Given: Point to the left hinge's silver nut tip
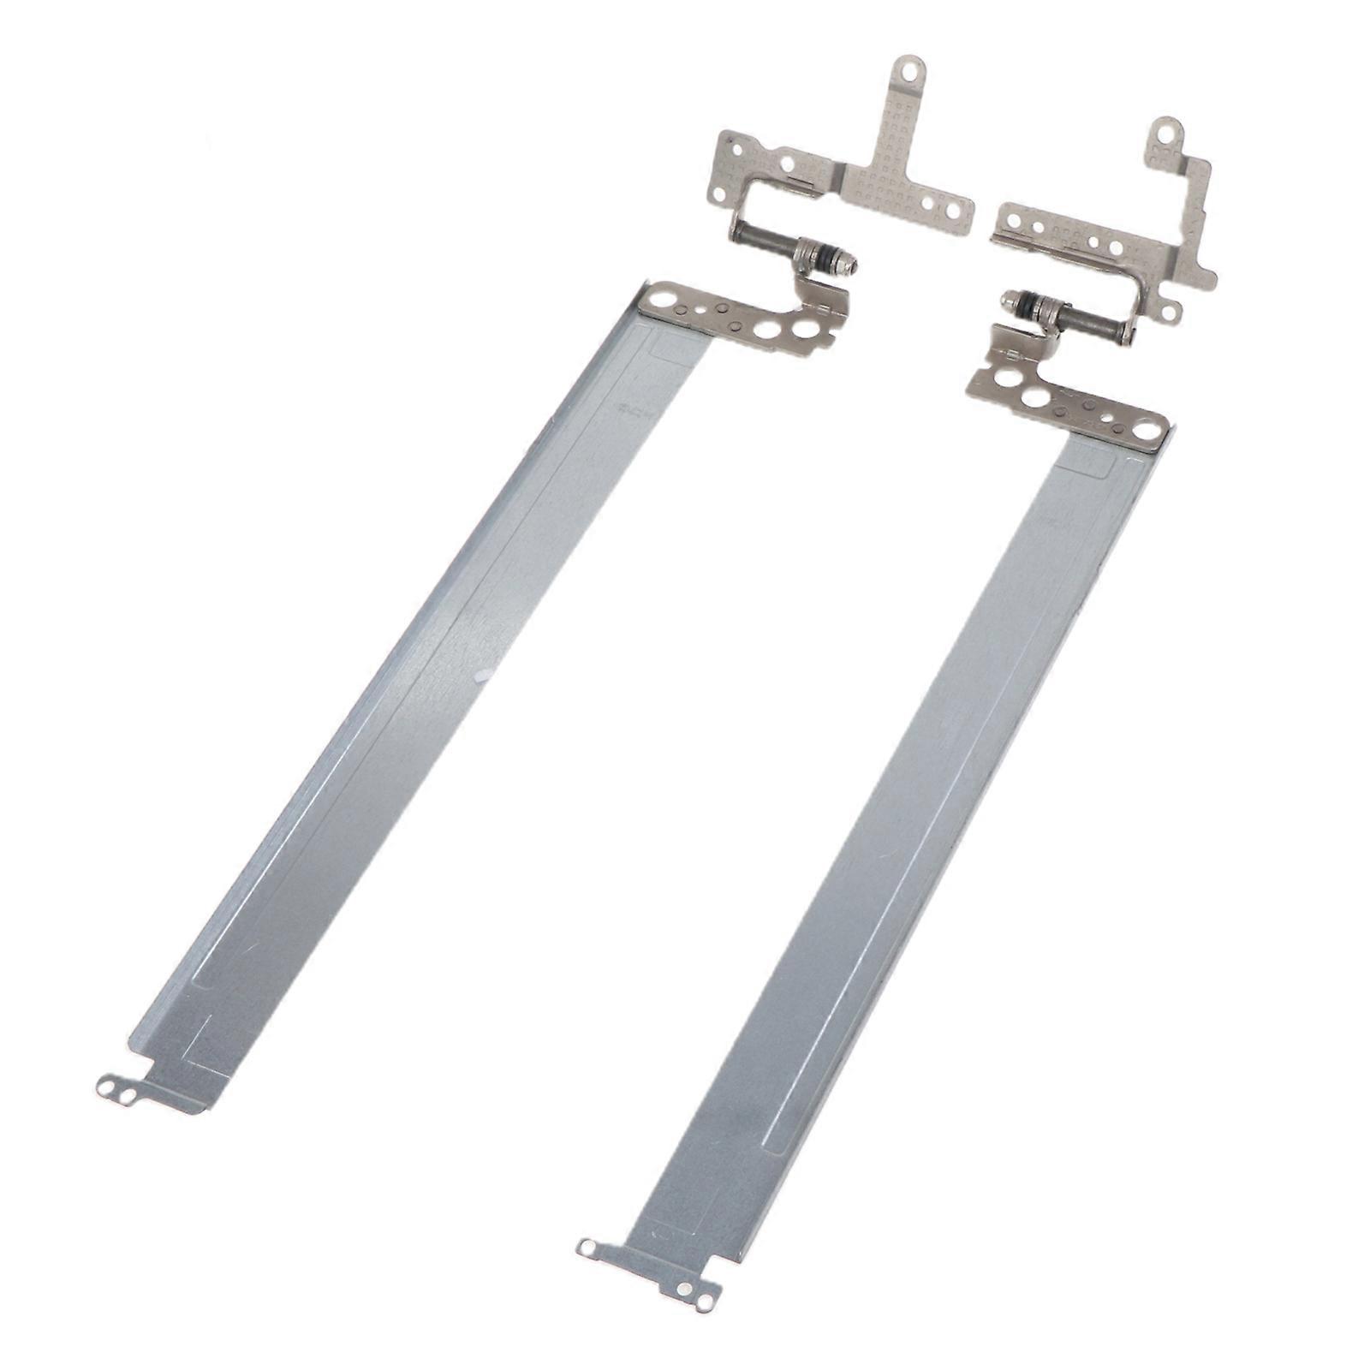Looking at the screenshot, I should [x=851, y=265].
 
